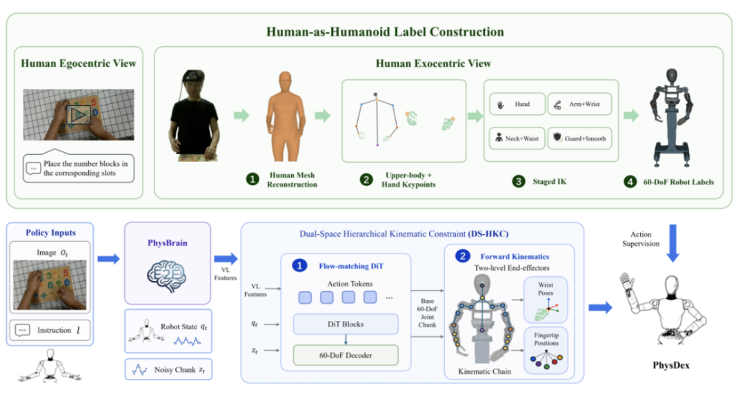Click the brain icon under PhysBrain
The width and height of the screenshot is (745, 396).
coord(166,276)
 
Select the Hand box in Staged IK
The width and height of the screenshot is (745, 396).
coord(517,104)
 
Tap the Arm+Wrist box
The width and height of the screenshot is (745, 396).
coord(579,104)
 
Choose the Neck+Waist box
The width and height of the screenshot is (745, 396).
coord(517,138)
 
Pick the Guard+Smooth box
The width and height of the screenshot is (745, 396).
coord(579,138)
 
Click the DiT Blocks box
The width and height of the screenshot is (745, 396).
coord(346,324)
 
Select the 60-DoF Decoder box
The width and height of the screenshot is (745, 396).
coord(346,355)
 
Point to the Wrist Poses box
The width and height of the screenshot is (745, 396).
coord(546,300)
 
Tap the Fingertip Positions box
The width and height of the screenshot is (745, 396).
coord(546,350)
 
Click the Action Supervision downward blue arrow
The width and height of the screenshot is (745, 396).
coord(673,243)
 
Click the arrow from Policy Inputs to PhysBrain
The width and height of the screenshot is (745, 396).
coord(109,258)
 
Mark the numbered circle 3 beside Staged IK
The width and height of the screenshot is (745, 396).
coord(519,181)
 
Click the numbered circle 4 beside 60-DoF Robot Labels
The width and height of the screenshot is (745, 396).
coord(630,182)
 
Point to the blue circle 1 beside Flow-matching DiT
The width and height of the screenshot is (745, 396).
coord(299,266)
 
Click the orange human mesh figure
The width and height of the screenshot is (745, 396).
coord(285,116)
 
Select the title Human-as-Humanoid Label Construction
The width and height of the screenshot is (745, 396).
coord(385,32)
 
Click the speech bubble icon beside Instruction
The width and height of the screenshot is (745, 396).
coord(22,330)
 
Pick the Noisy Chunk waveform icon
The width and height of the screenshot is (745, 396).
coord(139,369)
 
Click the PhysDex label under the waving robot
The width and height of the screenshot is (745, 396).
coord(671,365)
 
